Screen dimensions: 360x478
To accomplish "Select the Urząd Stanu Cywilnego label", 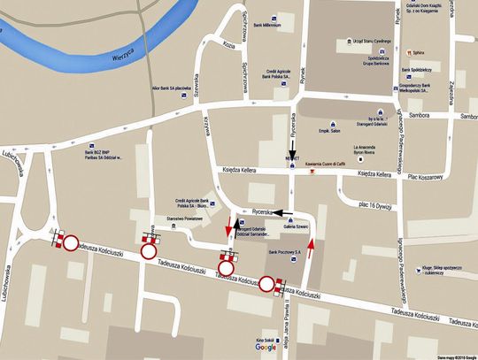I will pos(371,42).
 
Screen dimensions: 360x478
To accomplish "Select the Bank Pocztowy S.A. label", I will pos(284,251).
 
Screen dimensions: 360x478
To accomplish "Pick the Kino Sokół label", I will pos(263,338).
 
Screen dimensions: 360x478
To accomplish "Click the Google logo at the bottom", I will pos(266,348).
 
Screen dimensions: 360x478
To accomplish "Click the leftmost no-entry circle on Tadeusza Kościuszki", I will pos(70,241).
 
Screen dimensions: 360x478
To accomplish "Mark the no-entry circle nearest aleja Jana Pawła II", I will pos(266,284).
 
